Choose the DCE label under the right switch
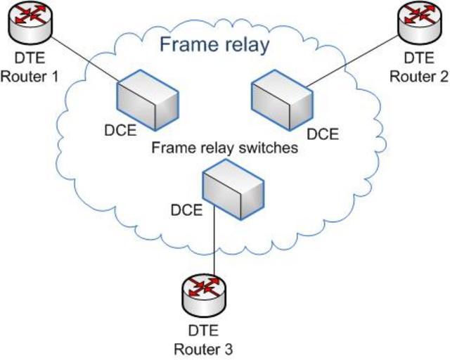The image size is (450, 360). click(324, 132)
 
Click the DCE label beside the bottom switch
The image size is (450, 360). click(187, 209)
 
